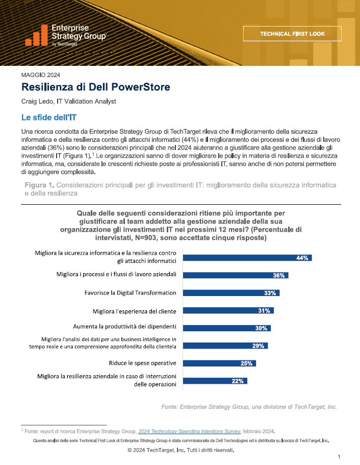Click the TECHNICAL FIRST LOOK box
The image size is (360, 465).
click(292, 34)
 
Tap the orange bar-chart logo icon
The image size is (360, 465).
click(36, 35)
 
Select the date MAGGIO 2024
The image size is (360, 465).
click(41, 75)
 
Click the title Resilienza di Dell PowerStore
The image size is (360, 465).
click(96, 87)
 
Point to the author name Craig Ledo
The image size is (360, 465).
click(37, 102)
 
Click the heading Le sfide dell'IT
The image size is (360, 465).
click(49, 117)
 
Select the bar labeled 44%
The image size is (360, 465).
click(247, 258)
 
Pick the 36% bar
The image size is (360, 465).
click(236, 275)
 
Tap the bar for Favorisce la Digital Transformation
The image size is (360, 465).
click(231, 293)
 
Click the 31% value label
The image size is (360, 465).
click(264, 310)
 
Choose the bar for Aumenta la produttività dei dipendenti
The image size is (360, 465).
click(227, 328)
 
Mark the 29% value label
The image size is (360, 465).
click(258, 346)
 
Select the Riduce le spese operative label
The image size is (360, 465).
click(142, 363)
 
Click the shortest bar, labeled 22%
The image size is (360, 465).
click(215, 381)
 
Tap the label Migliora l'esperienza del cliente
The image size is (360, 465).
click(134, 311)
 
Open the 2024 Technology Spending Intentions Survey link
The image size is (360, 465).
click(189, 431)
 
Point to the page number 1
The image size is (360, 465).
click(339, 457)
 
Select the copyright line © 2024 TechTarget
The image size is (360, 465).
click(181, 450)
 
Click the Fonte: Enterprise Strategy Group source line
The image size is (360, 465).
click(249, 407)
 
